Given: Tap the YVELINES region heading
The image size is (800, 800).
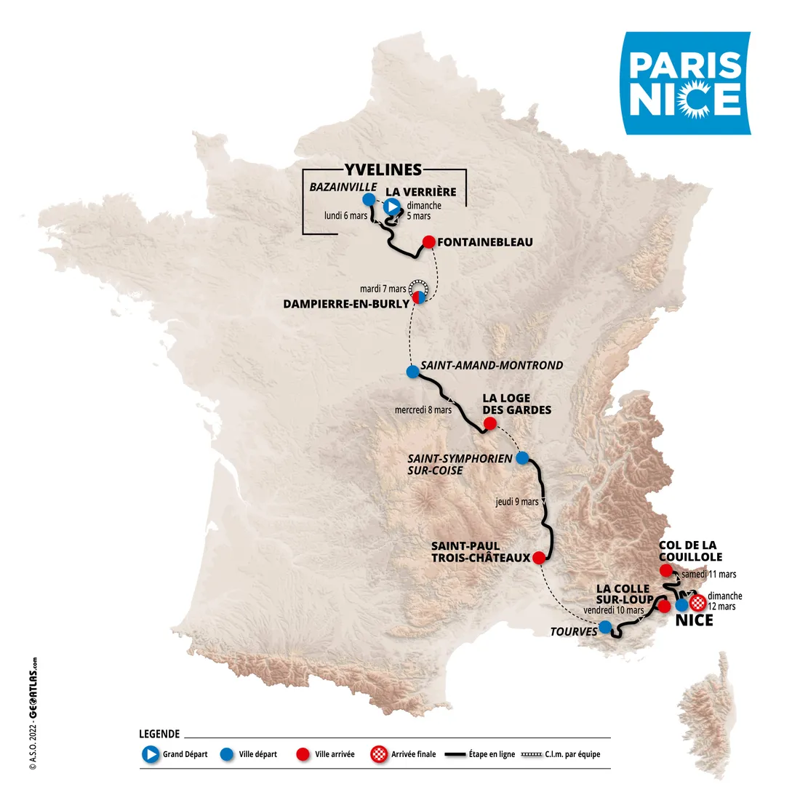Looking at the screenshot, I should tap(383, 169).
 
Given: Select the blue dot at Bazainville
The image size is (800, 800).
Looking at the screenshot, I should tap(369, 199).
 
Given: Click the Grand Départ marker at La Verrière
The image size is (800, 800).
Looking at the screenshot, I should tap(392, 207).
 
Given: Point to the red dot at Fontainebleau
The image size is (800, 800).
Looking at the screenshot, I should tap(429, 242).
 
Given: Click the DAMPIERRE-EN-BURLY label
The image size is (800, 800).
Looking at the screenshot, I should tap(346, 304).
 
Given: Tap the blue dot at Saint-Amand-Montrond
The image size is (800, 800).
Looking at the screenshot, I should tap(412, 372).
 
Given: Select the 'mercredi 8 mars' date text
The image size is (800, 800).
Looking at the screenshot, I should tap(423, 409).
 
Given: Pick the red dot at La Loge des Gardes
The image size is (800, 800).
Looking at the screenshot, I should tap(489, 423).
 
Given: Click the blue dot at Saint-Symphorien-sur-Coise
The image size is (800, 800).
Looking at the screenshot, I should tap(521, 457).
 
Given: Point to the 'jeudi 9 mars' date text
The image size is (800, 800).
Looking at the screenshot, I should tap(517, 501).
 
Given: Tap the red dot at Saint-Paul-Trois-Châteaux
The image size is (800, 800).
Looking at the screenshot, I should tap(538, 558).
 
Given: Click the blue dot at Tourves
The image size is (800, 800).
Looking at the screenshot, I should tap(605, 627).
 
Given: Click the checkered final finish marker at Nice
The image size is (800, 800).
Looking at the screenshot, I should tap(697, 602).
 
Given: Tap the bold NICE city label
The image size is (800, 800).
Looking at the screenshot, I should tap(695, 620).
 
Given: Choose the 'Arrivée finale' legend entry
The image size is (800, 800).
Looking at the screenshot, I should tap(404, 754).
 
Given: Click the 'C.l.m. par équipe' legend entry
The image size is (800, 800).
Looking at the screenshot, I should tap(561, 754).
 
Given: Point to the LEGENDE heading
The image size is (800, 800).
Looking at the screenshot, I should tap(159, 734).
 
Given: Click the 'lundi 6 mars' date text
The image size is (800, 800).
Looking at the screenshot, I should tap(345, 215).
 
